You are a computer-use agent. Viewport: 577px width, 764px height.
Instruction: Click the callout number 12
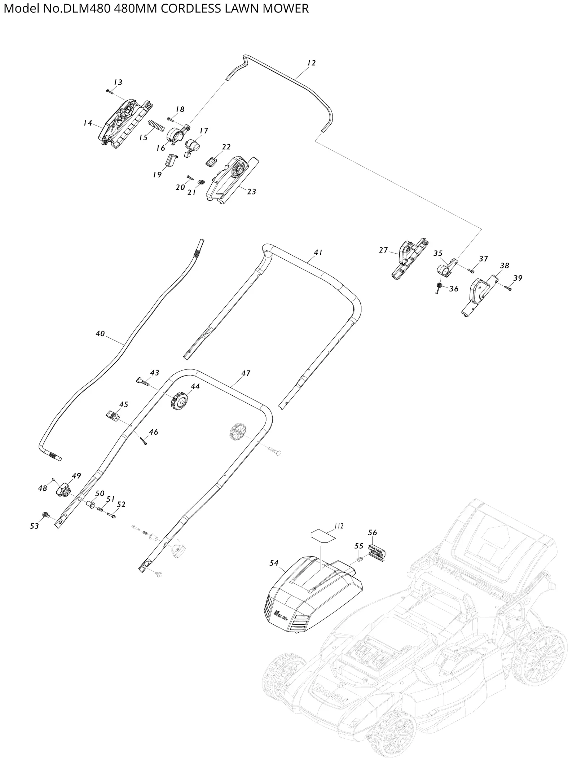tap(311, 63)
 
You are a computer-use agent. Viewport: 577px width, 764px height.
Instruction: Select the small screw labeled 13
tap(110, 91)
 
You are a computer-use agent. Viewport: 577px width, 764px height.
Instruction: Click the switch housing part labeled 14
tap(126, 123)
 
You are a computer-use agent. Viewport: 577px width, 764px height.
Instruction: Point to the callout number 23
tap(251, 192)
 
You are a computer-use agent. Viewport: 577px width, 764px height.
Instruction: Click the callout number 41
tap(318, 253)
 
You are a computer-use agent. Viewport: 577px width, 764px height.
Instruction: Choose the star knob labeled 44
tap(179, 400)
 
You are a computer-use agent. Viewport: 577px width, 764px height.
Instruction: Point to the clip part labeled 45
tap(113, 416)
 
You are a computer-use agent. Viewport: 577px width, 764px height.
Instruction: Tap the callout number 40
tap(100, 334)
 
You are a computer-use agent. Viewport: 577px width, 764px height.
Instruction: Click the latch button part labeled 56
tap(377, 552)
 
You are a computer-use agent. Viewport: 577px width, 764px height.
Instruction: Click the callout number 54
tap(274, 563)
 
